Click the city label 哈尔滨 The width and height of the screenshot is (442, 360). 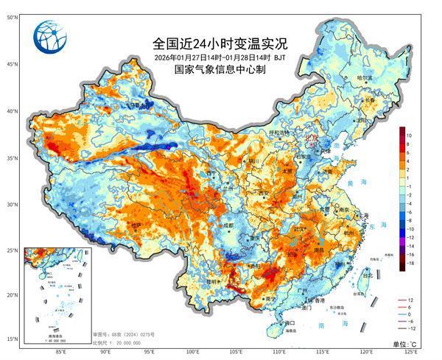click(365, 77)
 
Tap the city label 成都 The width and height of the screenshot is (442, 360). click(229, 225)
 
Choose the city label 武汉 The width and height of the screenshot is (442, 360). click(301, 231)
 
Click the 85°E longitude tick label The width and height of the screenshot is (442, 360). click(60, 352)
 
